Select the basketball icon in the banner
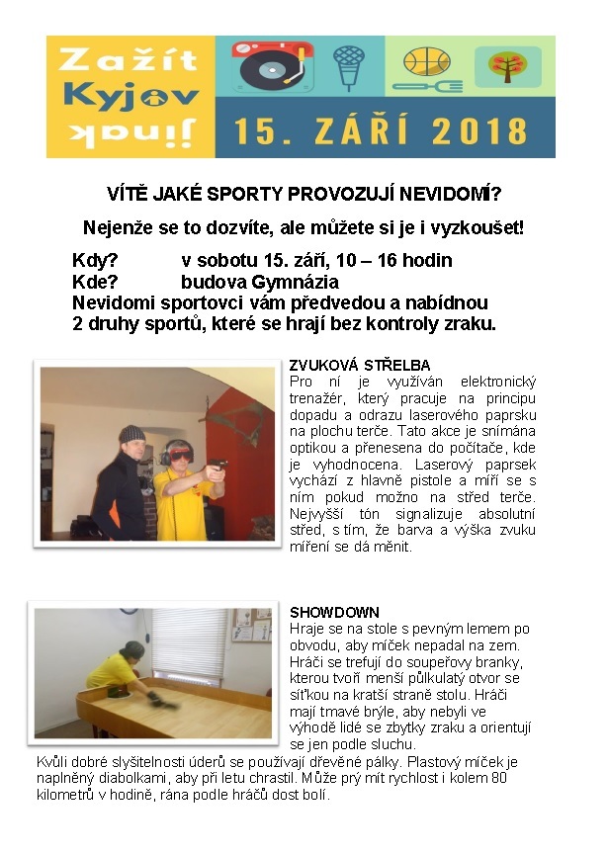click(x=426, y=64)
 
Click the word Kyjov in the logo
click(x=130, y=97)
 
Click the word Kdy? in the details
click(x=95, y=261)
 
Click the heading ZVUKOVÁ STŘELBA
click(x=360, y=365)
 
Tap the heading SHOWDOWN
click(x=334, y=613)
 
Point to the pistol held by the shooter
click(x=219, y=464)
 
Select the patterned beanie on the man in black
click(x=130, y=435)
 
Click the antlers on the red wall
click(x=229, y=410)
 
